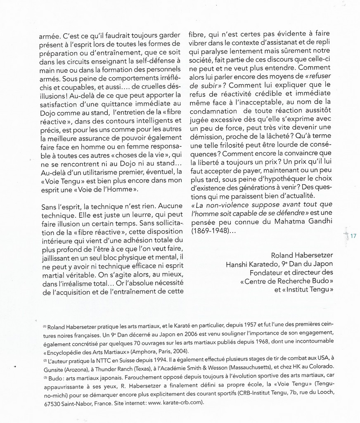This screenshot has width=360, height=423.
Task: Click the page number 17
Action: click(353, 236)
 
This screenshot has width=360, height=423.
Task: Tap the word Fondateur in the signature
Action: click(266, 273)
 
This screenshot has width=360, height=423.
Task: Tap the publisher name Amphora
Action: click(144, 352)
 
